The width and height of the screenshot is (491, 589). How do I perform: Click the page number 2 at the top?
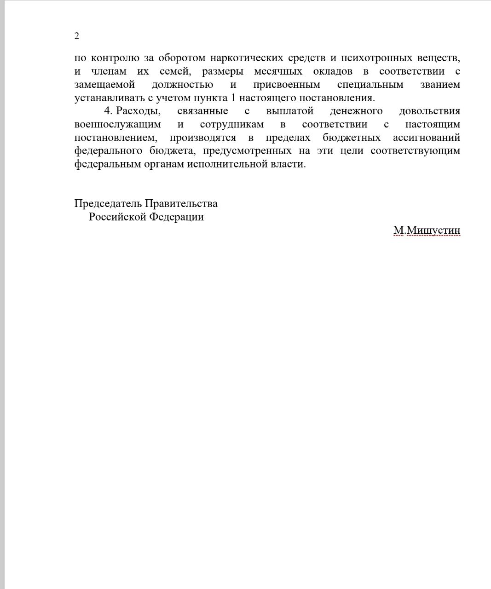[x=77, y=36]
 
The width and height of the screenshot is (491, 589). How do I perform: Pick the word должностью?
[x=182, y=85]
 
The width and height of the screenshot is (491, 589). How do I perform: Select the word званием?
[x=440, y=85]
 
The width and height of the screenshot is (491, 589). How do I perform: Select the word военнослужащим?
[x=118, y=125]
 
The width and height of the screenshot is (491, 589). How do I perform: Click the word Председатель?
[x=108, y=204]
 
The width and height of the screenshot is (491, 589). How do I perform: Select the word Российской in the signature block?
[x=117, y=217]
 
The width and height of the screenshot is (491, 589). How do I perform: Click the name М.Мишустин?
[x=427, y=231]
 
